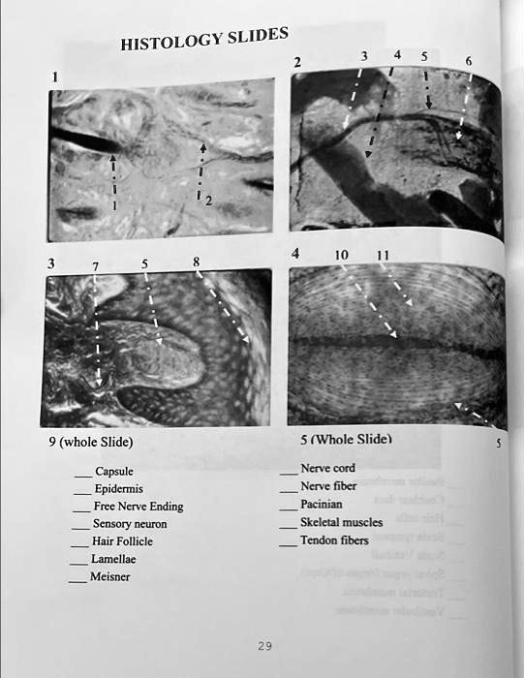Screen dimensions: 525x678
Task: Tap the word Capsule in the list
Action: click(x=113, y=472)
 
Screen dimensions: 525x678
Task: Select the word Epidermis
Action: click(x=118, y=489)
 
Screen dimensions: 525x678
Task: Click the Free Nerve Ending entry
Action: click(x=139, y=507)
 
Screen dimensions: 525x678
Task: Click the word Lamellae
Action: click(x=113, y=559)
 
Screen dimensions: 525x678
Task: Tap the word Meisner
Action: click(x=109, y=576)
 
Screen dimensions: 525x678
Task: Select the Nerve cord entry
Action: click(x=328, y=468)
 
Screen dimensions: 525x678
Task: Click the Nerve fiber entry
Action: click(x=328, y=485)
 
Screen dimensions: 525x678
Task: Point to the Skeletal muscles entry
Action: click(x=342, y=522)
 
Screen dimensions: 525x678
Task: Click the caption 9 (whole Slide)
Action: click(x=96, y=443)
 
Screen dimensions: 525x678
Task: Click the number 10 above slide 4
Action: click(x=341, y=255)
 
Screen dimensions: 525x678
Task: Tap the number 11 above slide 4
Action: click(x=384, y=255)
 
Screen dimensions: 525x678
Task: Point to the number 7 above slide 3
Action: click(x=95, y=266)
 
